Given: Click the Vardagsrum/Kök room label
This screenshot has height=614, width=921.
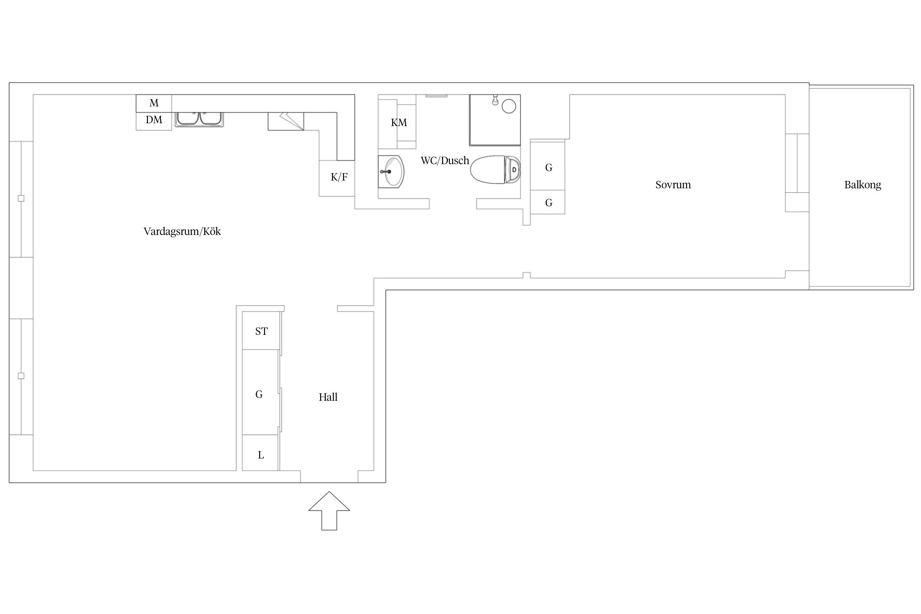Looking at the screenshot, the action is (x=182, y=232).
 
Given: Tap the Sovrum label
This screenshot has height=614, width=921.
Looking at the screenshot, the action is (x=673, y=185).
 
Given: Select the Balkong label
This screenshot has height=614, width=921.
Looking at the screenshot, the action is (x=862, y=185).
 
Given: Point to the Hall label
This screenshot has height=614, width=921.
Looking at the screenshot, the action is (x=328, y=397).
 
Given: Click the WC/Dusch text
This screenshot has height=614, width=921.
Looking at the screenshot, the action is (x=445, y=160).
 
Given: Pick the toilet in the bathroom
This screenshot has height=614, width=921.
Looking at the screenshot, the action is (x=496, y=169).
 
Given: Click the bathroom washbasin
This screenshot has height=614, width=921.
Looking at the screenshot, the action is (x=391, y=172).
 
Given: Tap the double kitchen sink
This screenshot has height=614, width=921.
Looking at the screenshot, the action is (x=199, y=119).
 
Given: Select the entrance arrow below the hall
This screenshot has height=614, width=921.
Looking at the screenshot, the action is (x=329, y=510).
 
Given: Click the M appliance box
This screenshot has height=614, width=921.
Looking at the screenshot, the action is (x=154, y=103).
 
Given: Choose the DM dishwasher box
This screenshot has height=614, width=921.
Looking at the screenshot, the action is (x=154, y=121).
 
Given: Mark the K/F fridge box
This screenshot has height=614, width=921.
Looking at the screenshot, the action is (x=337, y=178).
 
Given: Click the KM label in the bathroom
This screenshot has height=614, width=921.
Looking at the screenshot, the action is (x=399, y=123).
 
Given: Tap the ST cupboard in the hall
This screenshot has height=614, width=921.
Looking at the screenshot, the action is (x=261, y=331).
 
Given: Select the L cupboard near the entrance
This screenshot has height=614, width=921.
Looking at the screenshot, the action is (x=260, y=453).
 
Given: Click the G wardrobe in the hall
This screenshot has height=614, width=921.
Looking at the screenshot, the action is (x=261, y=392).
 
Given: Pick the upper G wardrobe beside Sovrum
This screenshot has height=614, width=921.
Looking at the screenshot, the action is (x=548, y=166).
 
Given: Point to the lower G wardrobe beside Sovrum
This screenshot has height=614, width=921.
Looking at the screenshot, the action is (x=548, y=202).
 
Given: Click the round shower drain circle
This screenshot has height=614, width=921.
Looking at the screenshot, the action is (x=509, y=106).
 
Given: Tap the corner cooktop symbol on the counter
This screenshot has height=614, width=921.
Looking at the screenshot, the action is (x=286, y=122).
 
